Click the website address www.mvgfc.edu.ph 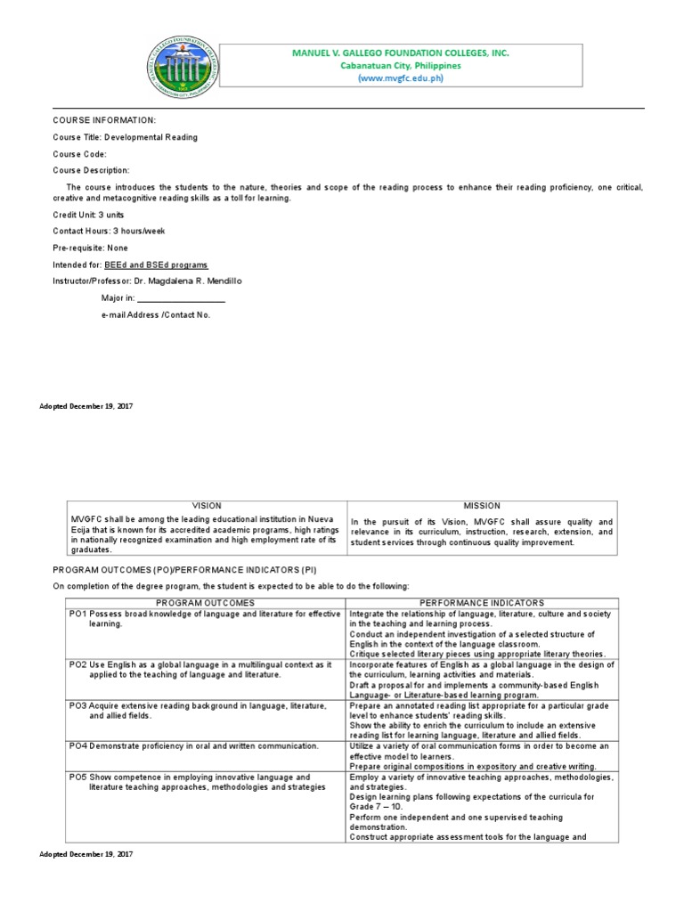(400, 77)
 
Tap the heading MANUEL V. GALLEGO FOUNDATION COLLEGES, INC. (400, 53)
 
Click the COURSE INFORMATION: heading (104, 119)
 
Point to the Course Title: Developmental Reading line (125, 137)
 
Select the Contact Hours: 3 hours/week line (109, 232)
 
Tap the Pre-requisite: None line (90, 248)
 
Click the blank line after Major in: (182, 298)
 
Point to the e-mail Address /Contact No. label (155, 314)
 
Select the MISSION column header (482, 506)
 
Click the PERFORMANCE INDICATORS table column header (481, 603)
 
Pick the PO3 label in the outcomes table (77, 705)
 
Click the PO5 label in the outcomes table (77, 778)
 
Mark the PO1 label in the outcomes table (77, 615)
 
